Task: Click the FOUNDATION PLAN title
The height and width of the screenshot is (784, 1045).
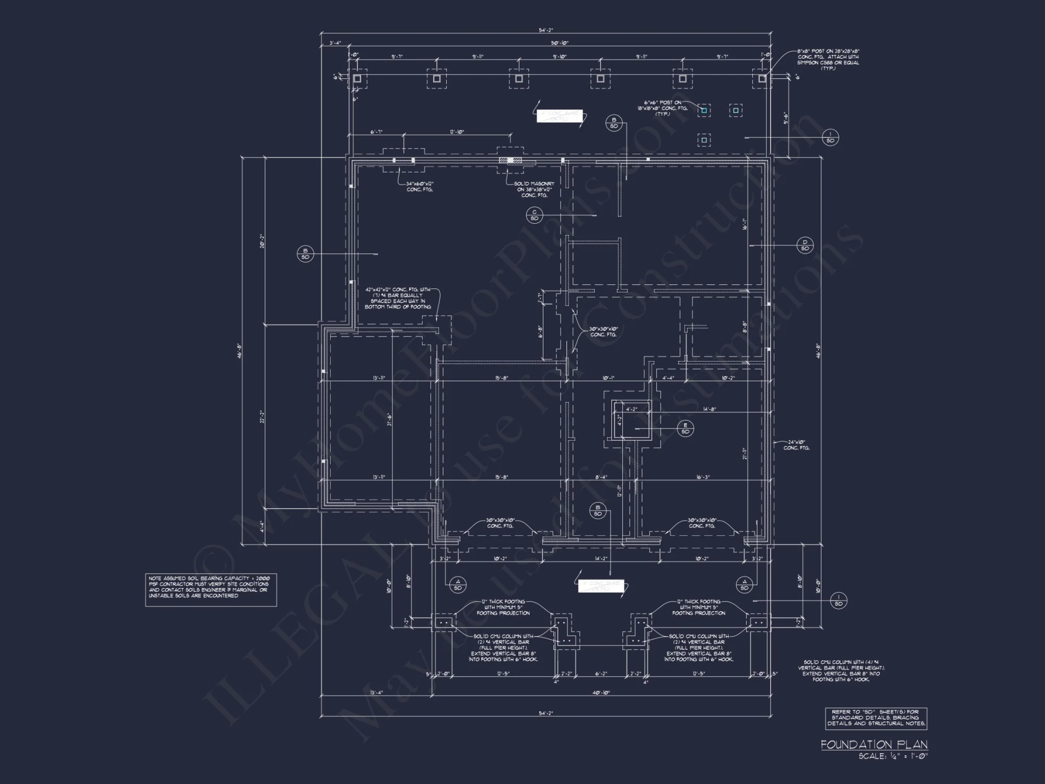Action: click(x=874, y=744)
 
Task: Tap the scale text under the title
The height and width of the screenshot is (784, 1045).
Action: click(x=893, y=756)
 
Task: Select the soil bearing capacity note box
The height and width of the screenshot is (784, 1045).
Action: click(x=211, y=590)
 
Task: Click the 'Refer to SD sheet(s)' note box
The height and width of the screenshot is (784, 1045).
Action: click(x=876, y=718)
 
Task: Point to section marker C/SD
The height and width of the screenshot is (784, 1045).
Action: click(x=535, y=215)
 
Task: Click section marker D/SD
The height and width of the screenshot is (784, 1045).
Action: click(x=805, y=245)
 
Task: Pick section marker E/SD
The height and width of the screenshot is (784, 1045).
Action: click(x=685, y=428)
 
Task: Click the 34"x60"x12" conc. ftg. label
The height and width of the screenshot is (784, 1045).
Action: click(x=420, y=187)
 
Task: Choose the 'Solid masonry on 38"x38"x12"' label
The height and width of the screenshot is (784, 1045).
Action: click(x=535, y=189)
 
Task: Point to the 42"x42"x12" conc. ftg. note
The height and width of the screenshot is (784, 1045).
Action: click(x=398, y=298)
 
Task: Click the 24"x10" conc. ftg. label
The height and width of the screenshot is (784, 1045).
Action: click(x=797, y=445)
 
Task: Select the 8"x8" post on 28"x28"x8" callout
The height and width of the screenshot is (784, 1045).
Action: click(x=828, y=60)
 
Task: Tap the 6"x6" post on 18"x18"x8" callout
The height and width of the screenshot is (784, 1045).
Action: click(x=661, y=108)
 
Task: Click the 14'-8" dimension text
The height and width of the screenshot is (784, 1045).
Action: click(x=709, y=409)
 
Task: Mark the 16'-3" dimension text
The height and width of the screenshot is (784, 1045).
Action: click(x=702, y=477)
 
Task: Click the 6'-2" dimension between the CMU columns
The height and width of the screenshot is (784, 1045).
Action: click(x=601, y=674)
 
